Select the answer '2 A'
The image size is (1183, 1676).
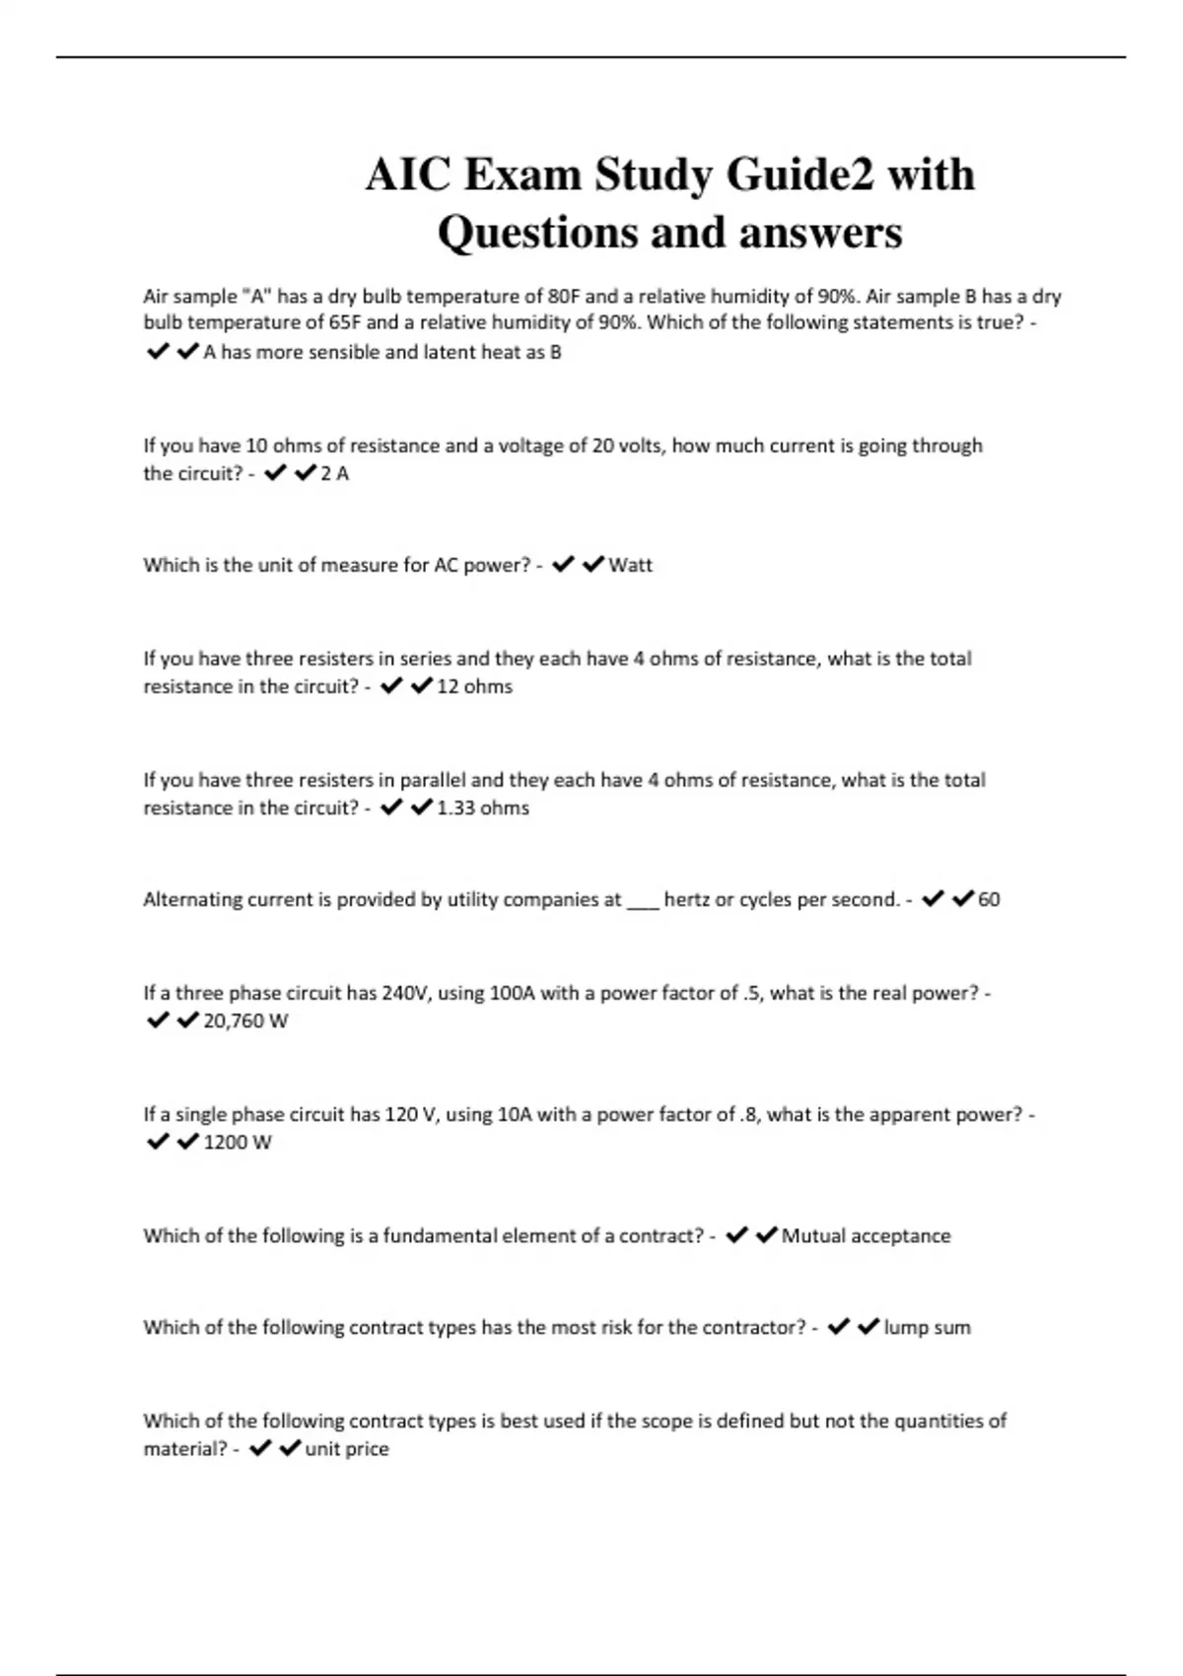(335, 473)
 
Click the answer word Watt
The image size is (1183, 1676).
(630, 565)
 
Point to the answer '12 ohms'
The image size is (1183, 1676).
(474, 686)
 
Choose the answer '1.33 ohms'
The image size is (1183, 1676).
(482, 807)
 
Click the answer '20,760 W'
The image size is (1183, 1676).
(245, 1020)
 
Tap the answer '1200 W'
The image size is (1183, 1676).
(237, 1142)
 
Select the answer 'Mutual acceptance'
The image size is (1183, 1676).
(866, 1235)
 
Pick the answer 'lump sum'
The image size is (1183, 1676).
(927, 1327)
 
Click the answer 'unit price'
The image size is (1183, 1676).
(347, 1448)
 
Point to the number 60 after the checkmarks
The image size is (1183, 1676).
(989, 899)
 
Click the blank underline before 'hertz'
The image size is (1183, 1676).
(642, 902)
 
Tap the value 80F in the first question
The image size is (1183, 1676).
(565, 296)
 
